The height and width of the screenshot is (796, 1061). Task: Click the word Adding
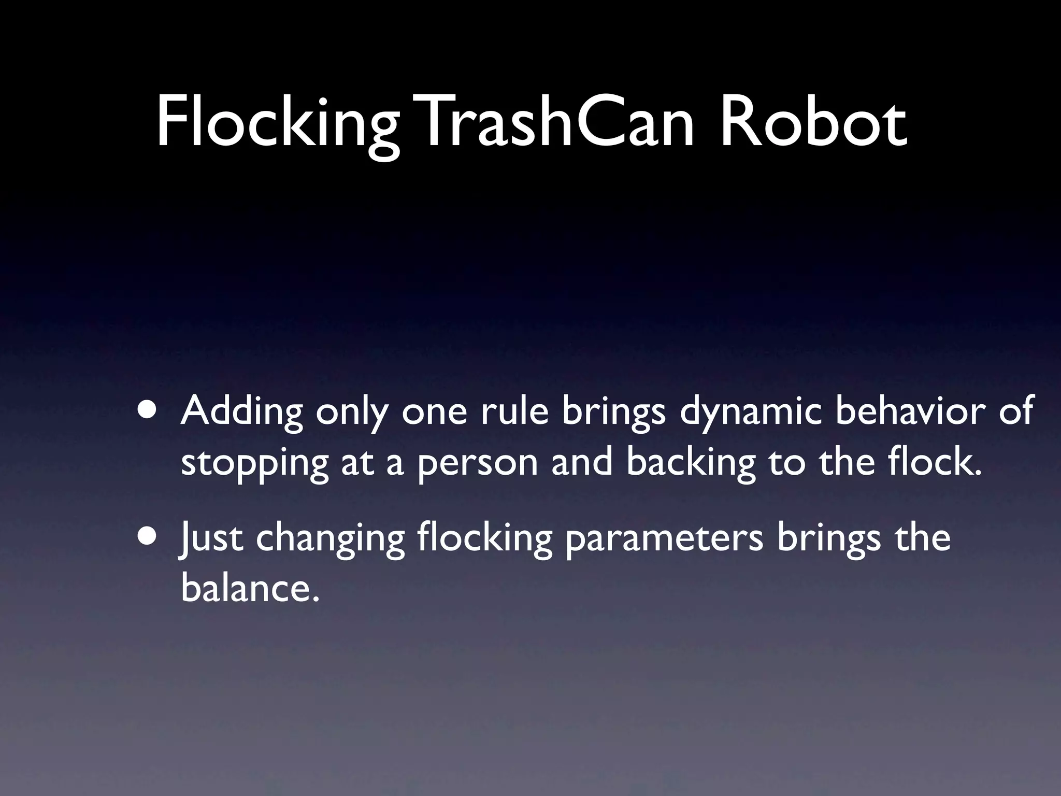[241, 411]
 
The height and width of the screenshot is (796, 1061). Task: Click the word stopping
[254, 464]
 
